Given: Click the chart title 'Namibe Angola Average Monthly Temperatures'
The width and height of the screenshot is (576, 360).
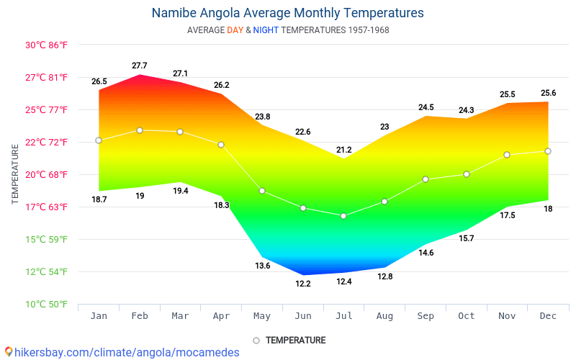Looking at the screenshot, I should coord(287,13).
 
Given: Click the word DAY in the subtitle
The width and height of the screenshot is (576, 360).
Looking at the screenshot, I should coord(235,30).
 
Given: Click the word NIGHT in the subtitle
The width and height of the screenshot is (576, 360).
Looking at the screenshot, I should coord(266,30).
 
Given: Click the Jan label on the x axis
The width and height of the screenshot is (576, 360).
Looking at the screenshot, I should coord(99,316).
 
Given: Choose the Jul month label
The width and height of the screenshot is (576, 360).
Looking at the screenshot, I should coord(343,316).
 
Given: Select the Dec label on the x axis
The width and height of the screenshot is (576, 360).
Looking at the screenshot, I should coord(548,316).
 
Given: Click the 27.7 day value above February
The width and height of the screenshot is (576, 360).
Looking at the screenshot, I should coord(140,66).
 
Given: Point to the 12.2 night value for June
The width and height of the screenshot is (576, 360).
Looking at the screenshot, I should coord(303,284).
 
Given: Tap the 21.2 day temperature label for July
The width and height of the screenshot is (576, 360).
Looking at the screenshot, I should coord(343,150).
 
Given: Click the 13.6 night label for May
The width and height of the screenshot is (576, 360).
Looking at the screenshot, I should coord(262,266).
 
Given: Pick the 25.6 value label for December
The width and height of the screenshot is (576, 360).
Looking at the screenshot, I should coord(548,93).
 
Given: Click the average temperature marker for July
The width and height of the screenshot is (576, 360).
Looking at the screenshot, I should coord(343,216).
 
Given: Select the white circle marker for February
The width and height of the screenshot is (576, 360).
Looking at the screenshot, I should coord(140,130).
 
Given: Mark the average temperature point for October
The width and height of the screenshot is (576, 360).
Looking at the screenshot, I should coord(467,174).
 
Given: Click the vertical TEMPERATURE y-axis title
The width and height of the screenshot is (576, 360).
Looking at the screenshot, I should coord(15,174).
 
